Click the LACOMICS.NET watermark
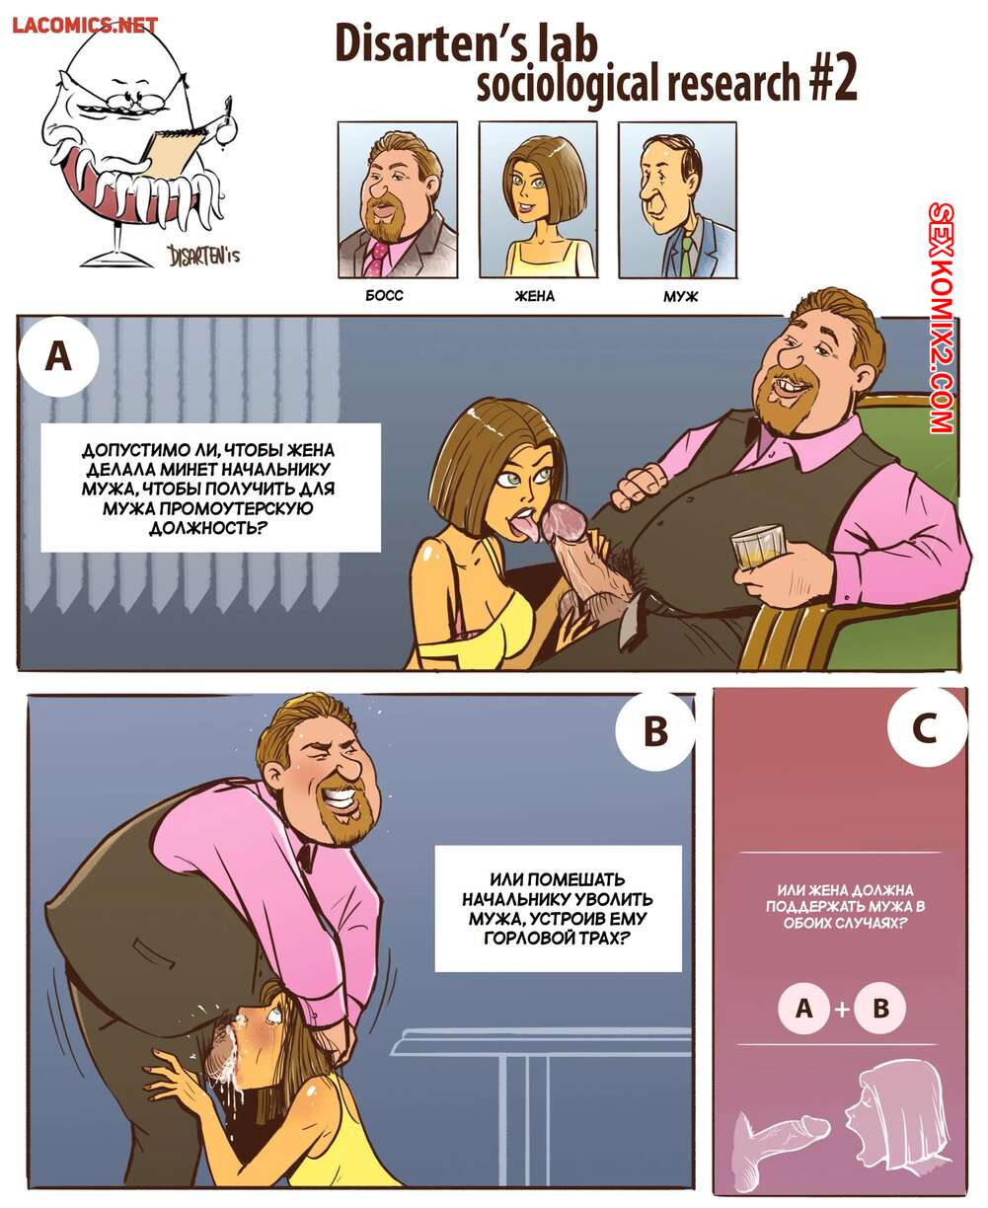[x=85, y=26]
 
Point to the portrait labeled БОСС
[x=397, y=200]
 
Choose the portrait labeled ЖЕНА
[x=537, y=200]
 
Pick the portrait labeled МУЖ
[x=677, y=200]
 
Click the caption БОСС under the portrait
[x=384, y=296]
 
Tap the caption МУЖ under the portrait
[x=680, y=297]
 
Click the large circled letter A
[x=59, y=357]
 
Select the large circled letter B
[x=655, y=731]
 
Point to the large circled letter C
[x=924, y=727]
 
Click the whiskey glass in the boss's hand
[x=757, y=545]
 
